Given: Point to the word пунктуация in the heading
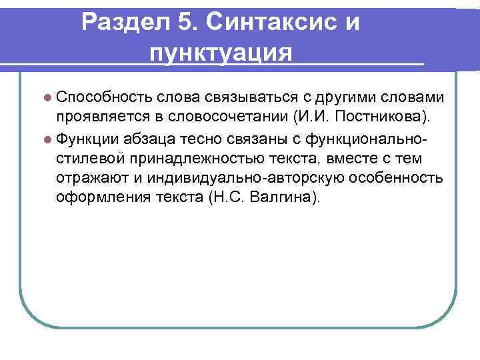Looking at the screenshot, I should click(221, 51).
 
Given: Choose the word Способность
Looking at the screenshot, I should click(105, 98).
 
